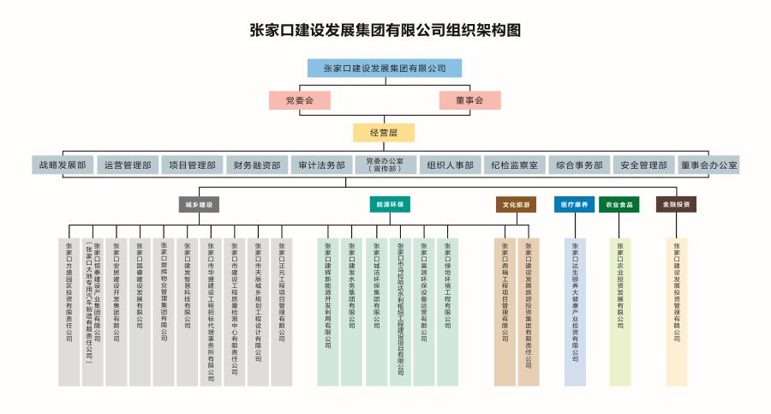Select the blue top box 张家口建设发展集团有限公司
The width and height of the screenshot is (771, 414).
tap(385, 68)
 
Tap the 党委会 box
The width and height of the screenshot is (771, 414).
tap(300, 100)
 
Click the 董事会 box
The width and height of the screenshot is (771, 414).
tap(469, 100)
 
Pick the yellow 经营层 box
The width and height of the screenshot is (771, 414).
tap(384, 133)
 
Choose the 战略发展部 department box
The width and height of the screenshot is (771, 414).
tap(63, 165)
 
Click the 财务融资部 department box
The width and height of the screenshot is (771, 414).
tap(257, 165)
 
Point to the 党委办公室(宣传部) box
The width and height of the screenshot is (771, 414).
tap(385, 165)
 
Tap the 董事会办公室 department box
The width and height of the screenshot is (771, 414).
tap(708, 165)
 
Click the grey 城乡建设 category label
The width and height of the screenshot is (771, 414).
tap(200, 205)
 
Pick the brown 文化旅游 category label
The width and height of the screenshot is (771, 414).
tap(516, 205)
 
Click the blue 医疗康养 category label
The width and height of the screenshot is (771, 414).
tap(574, 205)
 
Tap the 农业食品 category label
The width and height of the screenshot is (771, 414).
tap(619, 205)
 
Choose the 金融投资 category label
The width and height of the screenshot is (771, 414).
tap(677, 205)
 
